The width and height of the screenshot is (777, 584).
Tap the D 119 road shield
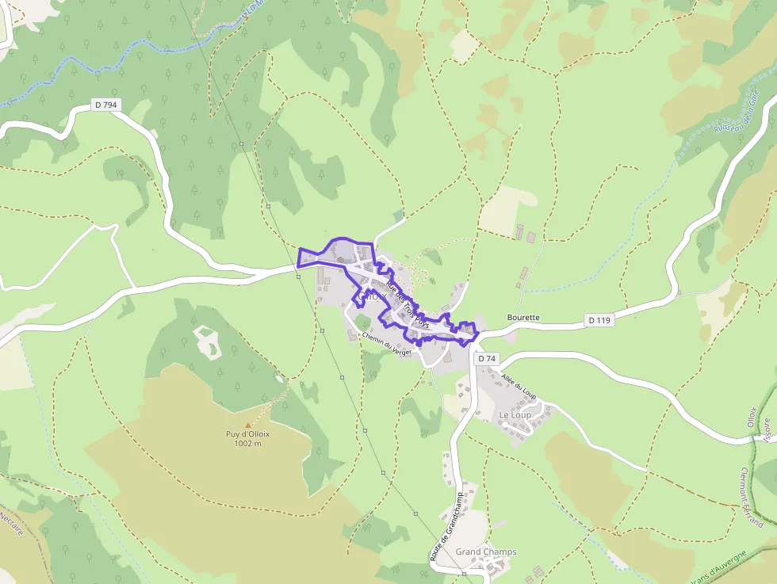point(600,320)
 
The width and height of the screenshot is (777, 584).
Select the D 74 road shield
point(487,359)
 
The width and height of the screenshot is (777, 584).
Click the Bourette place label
point(522,318)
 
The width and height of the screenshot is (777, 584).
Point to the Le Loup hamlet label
point(515,415)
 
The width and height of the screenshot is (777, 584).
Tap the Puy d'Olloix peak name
point(247,433)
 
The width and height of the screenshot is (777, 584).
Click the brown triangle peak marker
point(248,424)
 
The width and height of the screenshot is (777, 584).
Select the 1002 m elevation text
point(247,444)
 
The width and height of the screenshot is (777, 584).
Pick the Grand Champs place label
point(485,552)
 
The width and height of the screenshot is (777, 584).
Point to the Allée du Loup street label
point(519,386)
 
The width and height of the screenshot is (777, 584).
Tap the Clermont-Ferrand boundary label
point(750,496)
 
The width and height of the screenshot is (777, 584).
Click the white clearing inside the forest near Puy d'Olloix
point(208,342)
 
